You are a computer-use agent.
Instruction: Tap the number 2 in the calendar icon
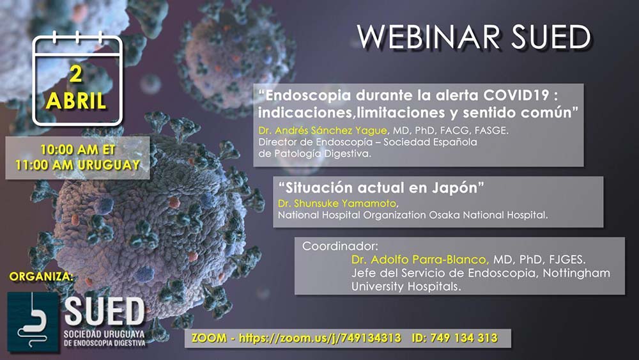tap(76, 74)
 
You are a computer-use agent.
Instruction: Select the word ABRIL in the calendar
tap(76, 100)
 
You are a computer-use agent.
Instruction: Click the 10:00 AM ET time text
tap(78, 150)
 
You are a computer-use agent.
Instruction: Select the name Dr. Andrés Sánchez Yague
tap(323, 130)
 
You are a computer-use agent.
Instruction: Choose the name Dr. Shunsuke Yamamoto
tap(337, 203)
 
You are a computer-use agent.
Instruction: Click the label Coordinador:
tap(341, 246)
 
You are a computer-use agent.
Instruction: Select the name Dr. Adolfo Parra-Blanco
tap(420, 260)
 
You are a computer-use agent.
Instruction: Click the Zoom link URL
tap(320, 338)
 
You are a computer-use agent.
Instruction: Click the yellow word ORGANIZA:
tap(41, 277)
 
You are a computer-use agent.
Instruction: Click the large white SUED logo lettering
tap(104, 312)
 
